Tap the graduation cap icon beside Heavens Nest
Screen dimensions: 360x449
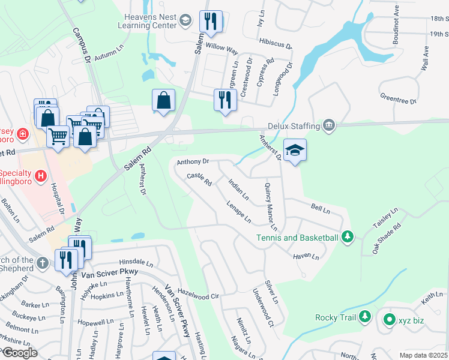click(186, 20)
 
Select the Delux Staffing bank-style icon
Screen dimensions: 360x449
click(328, 125)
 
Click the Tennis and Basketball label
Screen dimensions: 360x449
click(297, 238)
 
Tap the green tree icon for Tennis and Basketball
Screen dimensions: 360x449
click(347, 238)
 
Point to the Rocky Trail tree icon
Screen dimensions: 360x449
click(365, 317)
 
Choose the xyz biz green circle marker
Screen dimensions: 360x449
click(389, 320)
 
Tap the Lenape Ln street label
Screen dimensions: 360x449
click(239, 211)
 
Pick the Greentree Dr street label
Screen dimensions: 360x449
click(398, 98)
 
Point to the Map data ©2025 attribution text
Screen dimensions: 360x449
click(423, 355)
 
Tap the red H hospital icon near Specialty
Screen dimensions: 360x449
click(40, 176)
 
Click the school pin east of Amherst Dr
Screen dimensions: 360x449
click(295, 149)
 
